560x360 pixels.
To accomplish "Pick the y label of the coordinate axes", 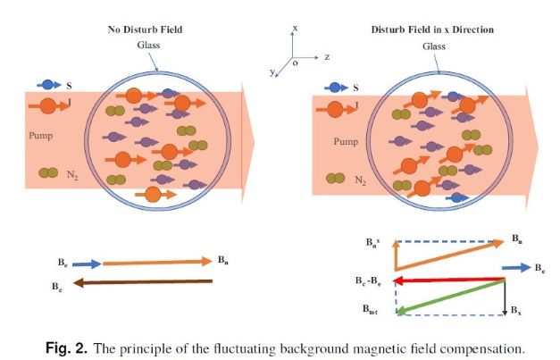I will coord(272,72).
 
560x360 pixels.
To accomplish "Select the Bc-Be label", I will coord(368,280).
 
